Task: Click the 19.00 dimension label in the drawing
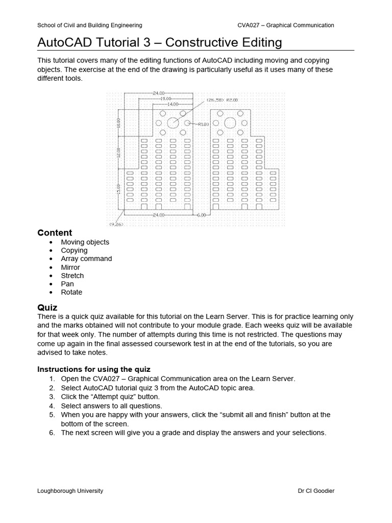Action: coord(165,98)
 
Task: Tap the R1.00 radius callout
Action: coord(203,124)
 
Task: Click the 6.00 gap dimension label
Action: coord(201,215)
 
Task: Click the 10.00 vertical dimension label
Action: coord(118,123)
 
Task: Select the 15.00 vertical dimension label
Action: coord(118,189)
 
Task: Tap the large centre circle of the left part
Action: coord(173,123)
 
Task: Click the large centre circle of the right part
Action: coord(230,123)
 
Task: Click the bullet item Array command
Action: coord(86,258)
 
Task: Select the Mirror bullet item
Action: coord(70,267)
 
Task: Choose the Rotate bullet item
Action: coord(71,292)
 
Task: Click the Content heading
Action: coord(55,233)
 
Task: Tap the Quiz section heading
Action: coord(47,307)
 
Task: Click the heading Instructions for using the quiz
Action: coord(94,369)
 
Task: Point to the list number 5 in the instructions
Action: coord(52,415)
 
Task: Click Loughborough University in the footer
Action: coord(70,491)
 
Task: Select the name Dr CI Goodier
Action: coord(316,491)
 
